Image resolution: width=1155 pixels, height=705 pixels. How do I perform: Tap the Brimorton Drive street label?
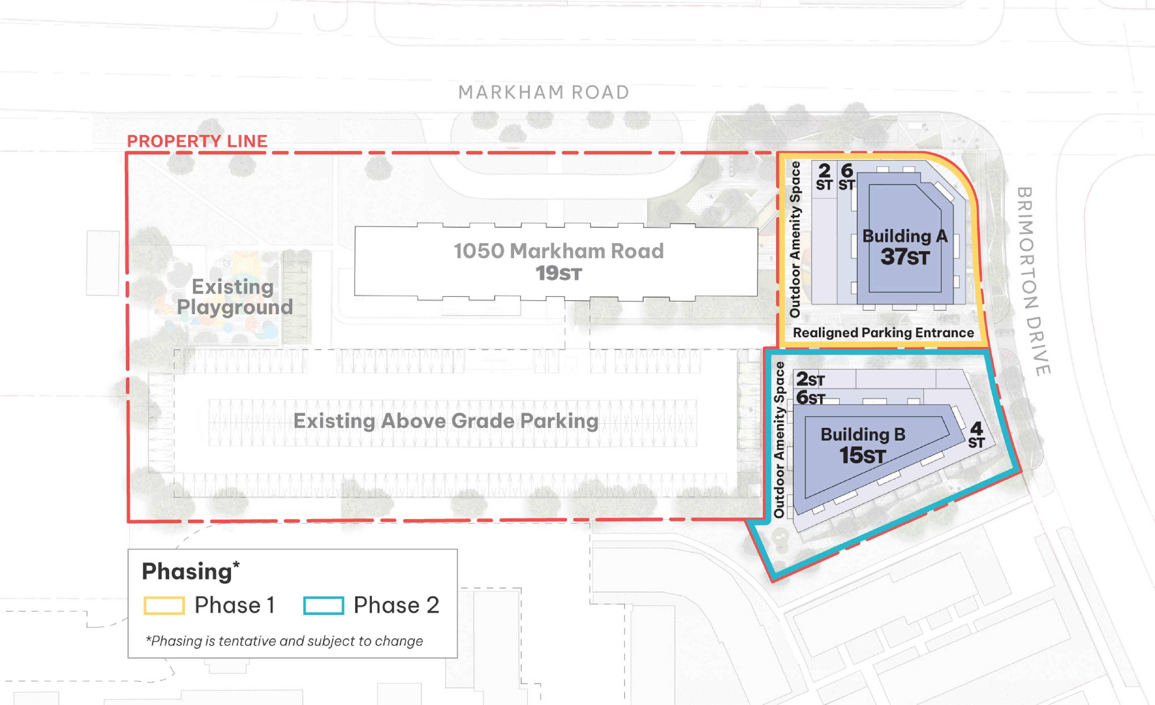[x=1034, y=281]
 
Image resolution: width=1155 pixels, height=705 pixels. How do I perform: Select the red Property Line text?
[x=197, y=141]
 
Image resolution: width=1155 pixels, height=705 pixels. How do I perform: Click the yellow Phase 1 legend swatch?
[x=164, y=605]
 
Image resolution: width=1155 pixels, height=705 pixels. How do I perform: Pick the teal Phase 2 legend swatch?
[x=323, y=605]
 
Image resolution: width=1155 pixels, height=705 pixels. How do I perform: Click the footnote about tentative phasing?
[x=284, y=641]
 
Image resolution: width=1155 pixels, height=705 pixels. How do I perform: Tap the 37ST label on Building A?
[x=905, y=257]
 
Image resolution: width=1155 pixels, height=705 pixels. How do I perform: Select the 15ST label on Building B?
[x=862, y=455]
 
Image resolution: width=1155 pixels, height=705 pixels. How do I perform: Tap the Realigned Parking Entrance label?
[x=883, y=332]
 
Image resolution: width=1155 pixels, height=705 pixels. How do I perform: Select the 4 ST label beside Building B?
[x=976, y=435]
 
